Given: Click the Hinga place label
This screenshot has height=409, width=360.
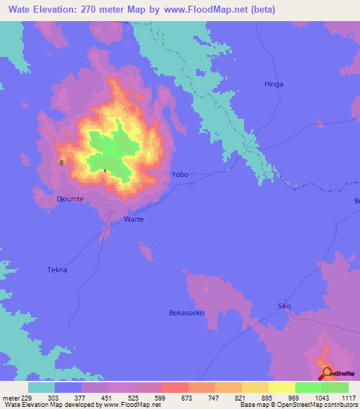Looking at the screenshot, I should pyautogui.click(x=274, y=84).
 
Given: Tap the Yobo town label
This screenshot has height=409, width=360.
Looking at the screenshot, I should pyautogui.click(x=180, y=174).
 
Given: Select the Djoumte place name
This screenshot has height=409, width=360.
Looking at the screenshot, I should pyautogui.click(x=70, y=200).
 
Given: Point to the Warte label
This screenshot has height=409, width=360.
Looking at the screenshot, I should pyautogui.click(x=134, y=219).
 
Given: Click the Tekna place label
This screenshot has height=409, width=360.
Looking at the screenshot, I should pyautogui.click(x=56, y=270).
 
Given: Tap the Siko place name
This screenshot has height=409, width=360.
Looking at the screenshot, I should pyautogui.click(x=284, y=306).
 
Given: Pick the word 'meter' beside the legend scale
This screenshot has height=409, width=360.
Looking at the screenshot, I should pyautogui.click(x=11, y=397).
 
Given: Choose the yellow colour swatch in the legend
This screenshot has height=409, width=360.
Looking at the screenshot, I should pyautogui.click(x=282, y=387).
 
